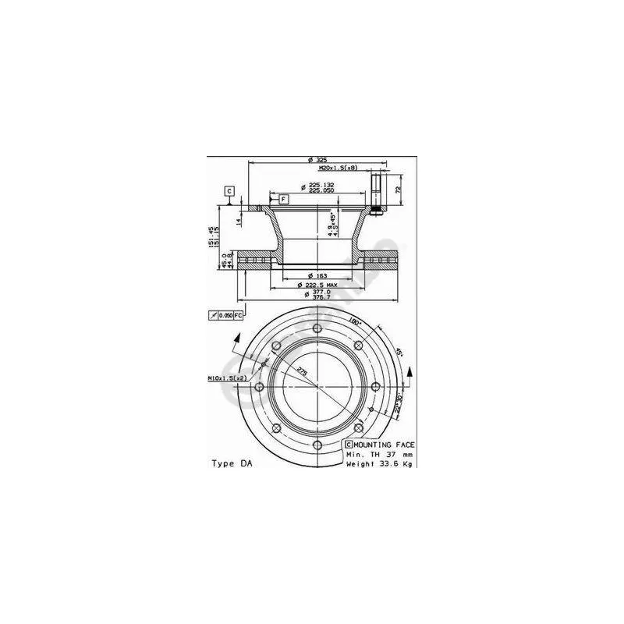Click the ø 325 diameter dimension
316,160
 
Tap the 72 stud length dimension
398,190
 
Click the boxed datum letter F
282,200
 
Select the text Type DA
232,463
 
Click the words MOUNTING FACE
384,444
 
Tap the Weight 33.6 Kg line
379,463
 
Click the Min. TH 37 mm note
378,453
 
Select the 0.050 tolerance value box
225,315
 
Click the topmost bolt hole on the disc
316,328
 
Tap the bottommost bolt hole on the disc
316,445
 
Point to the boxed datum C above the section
229,190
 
